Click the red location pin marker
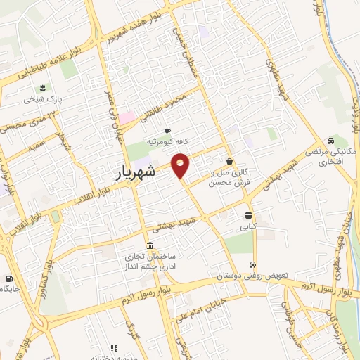click(x=181, y=165)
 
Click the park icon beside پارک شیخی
click(x=42, y=89)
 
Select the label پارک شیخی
click(x=42, y=100)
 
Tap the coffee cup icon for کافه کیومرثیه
click(x=167, y=131)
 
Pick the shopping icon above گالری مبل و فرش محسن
click(x=230, y=161)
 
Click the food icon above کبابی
click(x=249, y=216)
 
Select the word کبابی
click(x=249, y=227)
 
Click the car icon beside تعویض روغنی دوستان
click(x=251, y=264)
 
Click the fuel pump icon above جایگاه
click(x=8, y=278)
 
